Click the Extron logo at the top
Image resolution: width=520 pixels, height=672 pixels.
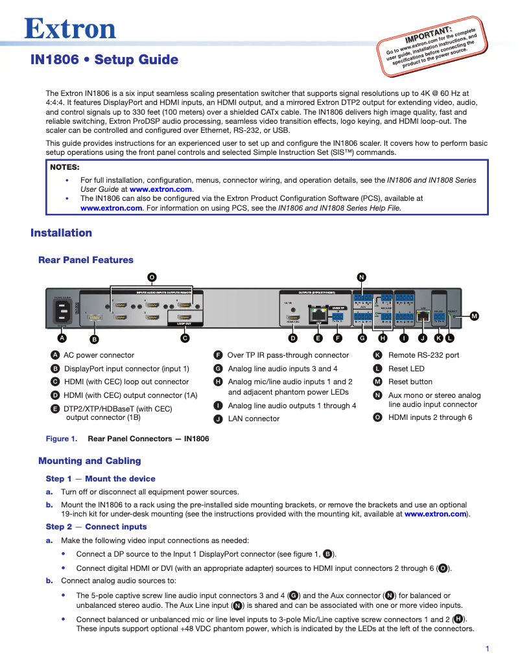70,29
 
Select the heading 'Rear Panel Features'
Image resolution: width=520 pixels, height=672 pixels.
86,260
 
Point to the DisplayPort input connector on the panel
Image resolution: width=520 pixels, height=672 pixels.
94,317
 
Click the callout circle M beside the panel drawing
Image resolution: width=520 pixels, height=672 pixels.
474,316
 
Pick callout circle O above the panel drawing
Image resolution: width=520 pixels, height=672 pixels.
152,277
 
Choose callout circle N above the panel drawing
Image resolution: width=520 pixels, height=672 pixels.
361,277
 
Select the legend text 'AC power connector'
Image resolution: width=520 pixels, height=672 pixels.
99,355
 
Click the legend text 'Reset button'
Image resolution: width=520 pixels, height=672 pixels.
410,382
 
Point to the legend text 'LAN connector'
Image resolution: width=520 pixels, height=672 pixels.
254,419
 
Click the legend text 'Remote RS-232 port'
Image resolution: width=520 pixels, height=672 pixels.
423,355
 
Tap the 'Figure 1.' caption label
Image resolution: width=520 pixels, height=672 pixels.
61,439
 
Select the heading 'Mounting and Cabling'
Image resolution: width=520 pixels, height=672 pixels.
89,461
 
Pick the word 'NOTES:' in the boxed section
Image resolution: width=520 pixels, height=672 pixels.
65,167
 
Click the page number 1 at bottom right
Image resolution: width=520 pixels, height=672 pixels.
487,649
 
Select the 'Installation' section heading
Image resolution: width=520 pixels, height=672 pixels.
62,233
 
